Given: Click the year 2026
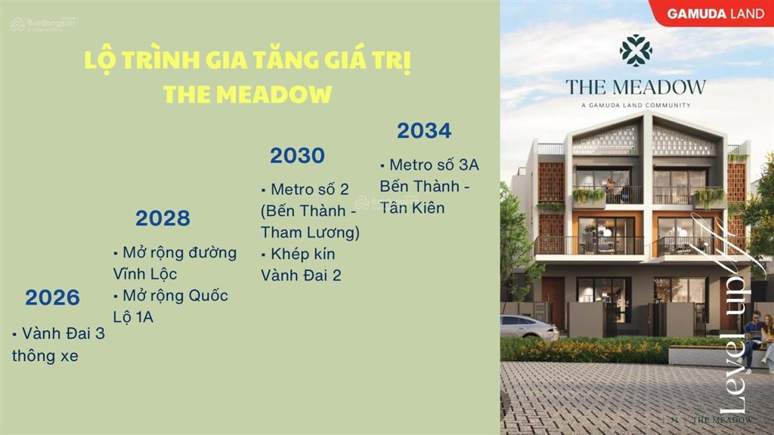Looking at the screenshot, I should (52, 298).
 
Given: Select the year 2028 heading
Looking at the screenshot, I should (163, 219).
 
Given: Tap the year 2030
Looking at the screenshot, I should (297, 156).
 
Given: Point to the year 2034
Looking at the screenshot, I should (424, 131).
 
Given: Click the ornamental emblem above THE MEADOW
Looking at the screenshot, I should (636, 51).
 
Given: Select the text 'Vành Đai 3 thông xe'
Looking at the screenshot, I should (58, 344).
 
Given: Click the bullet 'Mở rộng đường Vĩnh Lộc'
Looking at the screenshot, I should (175, 263).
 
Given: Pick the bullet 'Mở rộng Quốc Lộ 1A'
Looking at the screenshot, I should (170, 306).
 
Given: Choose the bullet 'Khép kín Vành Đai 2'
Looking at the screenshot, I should (300, 264).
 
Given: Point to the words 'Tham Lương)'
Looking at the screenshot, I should (310, 233).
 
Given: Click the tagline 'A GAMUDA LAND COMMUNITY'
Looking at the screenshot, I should (636, 105).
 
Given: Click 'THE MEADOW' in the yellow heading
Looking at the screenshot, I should (247, 94).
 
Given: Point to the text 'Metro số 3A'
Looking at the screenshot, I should (430, 165).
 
